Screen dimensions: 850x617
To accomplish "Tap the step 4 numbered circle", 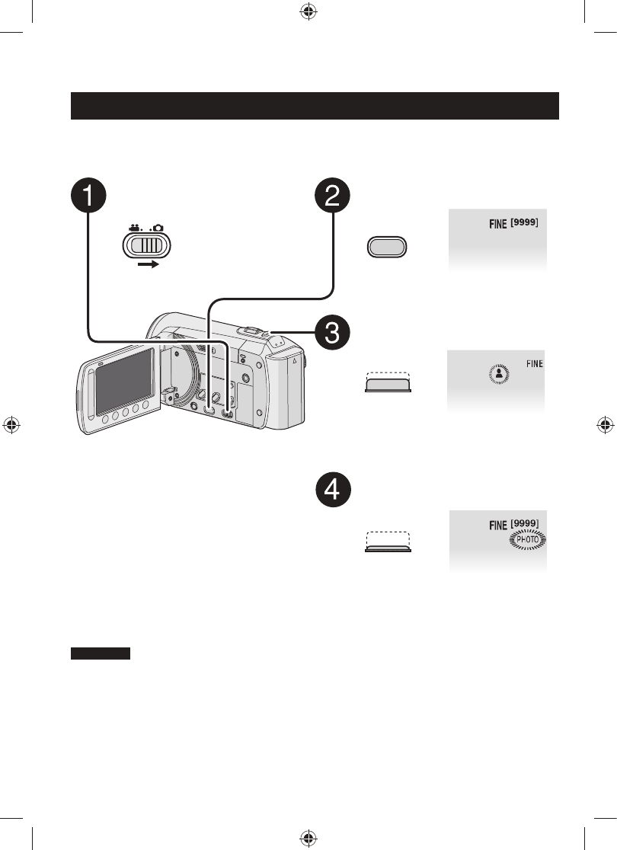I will tap(333, 490).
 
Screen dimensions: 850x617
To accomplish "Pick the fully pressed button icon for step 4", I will tap(387, 542).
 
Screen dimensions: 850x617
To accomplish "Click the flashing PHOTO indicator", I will tap(529, 540).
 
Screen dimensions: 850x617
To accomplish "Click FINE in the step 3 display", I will tap(534, 364).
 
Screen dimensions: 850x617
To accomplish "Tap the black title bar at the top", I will tap(315, 106).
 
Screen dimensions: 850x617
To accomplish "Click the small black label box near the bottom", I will tap(101, 653).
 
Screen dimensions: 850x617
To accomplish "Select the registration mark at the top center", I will tap(308, 13).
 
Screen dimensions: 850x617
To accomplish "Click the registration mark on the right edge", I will tap(604, 425).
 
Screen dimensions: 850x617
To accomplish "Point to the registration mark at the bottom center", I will tap(308, 837).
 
